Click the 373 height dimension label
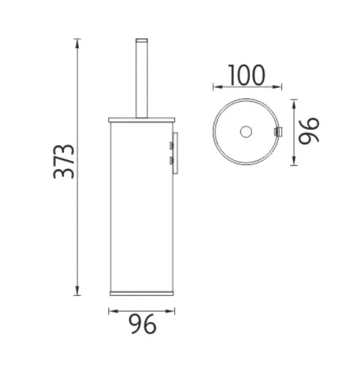pos(64,162)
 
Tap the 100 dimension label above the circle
pos(247,75)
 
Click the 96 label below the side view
pos(142,324)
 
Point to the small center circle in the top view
pos(246,132)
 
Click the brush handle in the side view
pos(141,78)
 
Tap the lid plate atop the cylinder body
pos(141,120)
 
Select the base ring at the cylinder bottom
pos(141,293)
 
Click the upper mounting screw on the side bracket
pos(171,146)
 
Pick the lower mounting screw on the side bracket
pos(171,161)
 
